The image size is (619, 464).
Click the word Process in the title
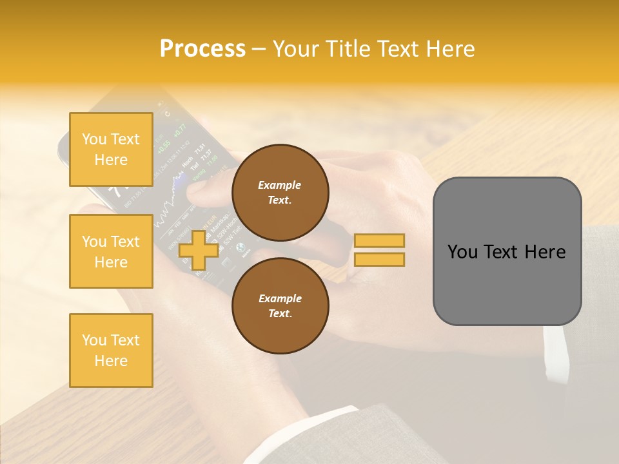pos(202,49)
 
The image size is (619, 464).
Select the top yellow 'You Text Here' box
pos(111,150)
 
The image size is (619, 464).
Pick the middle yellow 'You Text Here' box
pos(111,251)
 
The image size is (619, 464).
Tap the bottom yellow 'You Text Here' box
pos(111,351)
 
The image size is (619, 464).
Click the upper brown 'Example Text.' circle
pos(280,192)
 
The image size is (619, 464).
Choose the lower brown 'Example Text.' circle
pos(280,305)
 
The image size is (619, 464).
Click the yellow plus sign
pos(199,250)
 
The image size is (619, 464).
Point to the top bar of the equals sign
pos(379,240)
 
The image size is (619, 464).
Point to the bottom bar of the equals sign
pos(379,259)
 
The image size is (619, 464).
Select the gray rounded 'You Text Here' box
pos(507,251)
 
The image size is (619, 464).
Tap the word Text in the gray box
pos(506,252)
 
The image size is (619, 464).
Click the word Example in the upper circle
pos(280,185)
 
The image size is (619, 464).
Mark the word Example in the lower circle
pos(280,298)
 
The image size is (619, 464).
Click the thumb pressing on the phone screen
pos(203,190)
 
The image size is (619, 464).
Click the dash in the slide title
pos(259,49)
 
